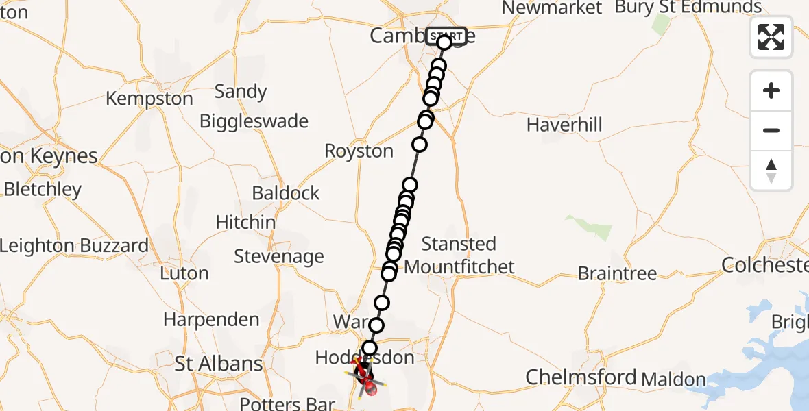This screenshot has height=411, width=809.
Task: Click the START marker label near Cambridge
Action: point(447,36)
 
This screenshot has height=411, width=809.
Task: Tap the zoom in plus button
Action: point(771,91)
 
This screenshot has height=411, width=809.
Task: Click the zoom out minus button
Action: point(771,130)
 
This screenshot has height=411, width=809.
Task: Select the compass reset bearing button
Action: point(771,171)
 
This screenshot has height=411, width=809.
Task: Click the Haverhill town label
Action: point(564,125)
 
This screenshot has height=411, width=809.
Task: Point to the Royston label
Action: point(359,151)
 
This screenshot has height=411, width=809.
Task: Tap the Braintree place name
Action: point(617,273)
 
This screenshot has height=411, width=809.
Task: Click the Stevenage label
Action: point(279,257)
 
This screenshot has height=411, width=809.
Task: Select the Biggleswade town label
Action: point(254,121)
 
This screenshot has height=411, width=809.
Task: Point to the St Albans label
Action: point(218,364)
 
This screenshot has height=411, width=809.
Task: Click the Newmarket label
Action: point(552,8)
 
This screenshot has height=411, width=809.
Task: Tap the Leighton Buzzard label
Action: point(74,246)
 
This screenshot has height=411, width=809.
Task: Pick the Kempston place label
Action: point(149,99)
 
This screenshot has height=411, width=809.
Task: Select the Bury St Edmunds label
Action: point(688,8)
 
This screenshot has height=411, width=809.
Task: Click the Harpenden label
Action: point(211,319)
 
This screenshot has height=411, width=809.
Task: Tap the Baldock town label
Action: point(286,193)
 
